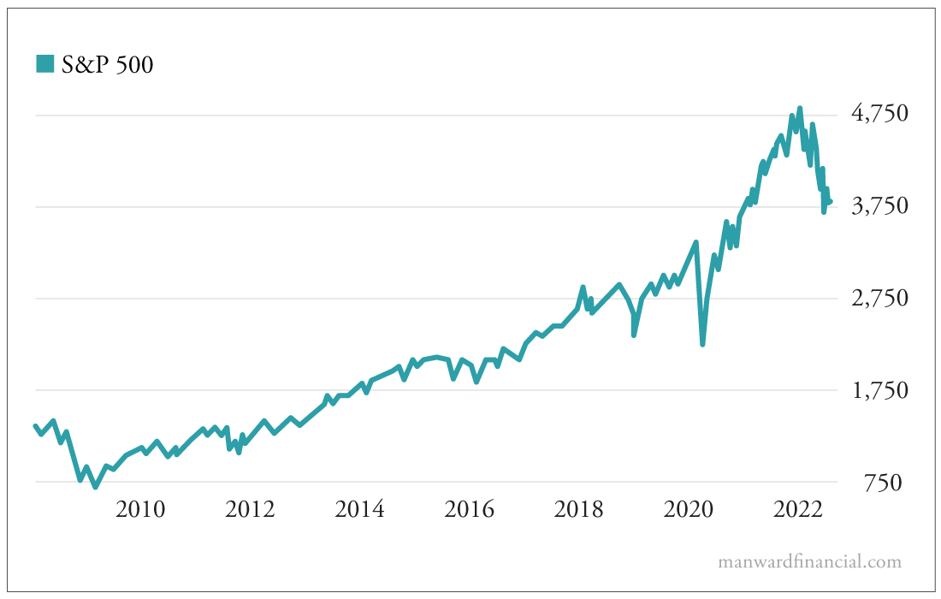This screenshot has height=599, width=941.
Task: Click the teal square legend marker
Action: pyautogui.click(x=44, y=63)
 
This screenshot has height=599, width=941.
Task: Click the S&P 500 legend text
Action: pyautogui.click(x=107, y=64)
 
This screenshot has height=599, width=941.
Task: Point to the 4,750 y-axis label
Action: pyautogui.click(x=879, y=114)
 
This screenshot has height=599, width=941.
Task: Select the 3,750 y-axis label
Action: pyautogui.click(x=879, y=206)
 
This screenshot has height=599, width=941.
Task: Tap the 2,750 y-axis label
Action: pyautogui.click(x=879, y=299)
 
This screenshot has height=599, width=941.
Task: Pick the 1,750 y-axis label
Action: pyautogui.click(x=879, y=391)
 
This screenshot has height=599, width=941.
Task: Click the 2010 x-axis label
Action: pyautogui.click(x=140, y=510)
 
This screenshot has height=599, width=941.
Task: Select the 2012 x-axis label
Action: pyautogui.click(x=250, y=510)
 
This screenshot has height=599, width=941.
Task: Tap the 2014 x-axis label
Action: pyautogui.click(x=359, y=510)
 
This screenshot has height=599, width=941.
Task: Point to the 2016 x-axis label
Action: pyautogui.click(x=469, y=510)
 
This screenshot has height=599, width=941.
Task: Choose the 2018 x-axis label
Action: pyautogui.click(x=579, y=510)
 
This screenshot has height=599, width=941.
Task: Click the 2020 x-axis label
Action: pyautogui.click(x=689, y=510)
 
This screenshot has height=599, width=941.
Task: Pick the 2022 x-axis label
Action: pyautogui.click(x=798, y=510)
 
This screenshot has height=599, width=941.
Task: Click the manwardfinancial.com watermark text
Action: pyautogui.click(x=810, y=562)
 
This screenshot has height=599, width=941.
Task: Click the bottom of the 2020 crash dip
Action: pyautogui.click(x=702, y=344)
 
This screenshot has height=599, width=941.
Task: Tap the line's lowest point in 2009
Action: pyautogui.click(x=96, y=487)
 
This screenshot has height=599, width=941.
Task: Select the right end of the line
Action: pyautogui.click(x=830, y=202)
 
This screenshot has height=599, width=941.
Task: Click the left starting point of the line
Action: pyautogui.click(x=35, y=425)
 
